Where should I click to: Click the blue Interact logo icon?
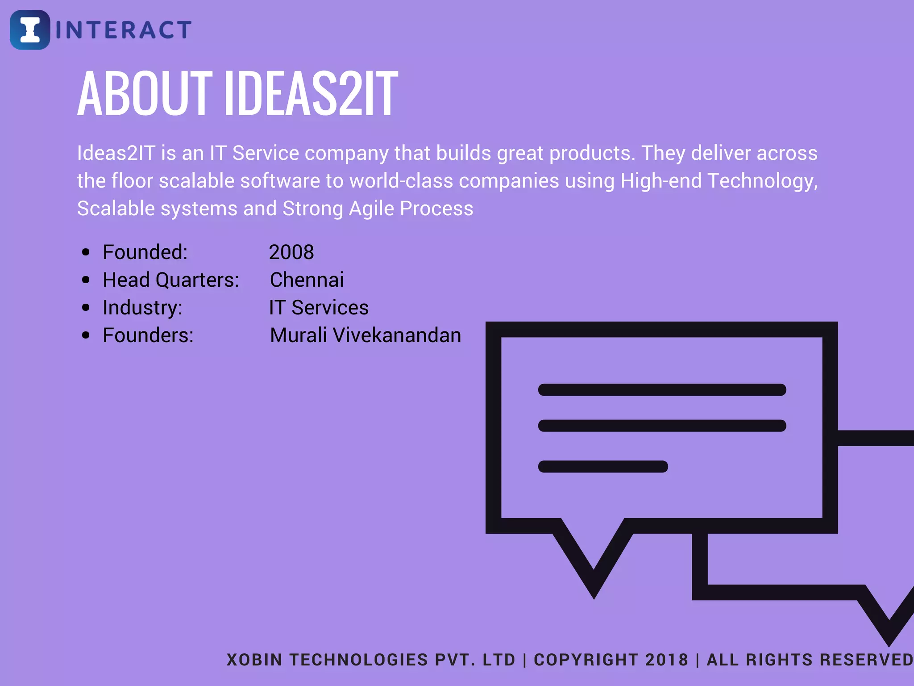30,29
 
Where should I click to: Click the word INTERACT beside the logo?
124,30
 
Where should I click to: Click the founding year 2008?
291,252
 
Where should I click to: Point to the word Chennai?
307,280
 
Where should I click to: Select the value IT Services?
319,308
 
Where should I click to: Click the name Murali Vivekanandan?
366,335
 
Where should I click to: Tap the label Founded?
145,252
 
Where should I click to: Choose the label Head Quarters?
171,280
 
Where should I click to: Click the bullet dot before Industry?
86,308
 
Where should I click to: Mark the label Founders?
148,335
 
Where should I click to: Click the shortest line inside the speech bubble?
602,467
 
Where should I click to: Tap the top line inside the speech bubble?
662,390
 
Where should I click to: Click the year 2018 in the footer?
667,660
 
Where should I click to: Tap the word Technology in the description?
762,181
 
